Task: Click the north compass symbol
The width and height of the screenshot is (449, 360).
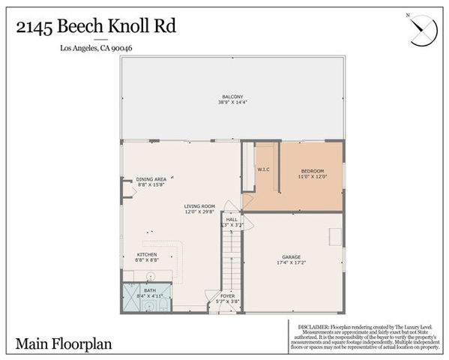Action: (421, 28)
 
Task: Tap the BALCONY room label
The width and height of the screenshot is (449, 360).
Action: (233, 95)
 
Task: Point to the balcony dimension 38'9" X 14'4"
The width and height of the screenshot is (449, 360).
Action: (233, 102)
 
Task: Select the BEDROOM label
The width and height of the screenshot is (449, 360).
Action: (312, 170)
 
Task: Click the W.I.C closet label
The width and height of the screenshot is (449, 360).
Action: (263, 169)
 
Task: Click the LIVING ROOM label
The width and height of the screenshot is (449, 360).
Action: (200, 205)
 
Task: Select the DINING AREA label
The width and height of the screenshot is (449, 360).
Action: (151, 179)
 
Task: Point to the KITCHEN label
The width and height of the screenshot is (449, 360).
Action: (146, 253)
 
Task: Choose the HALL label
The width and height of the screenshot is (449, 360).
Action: (232, 219)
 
